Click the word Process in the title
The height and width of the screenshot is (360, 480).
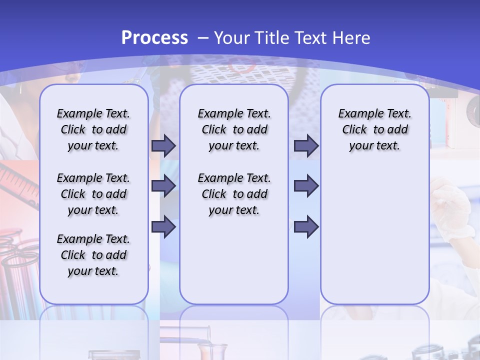(x=154, y=38)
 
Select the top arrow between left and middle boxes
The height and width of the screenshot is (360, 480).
(x=163, y=146)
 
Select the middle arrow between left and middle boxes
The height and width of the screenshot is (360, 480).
(x=163, y=186)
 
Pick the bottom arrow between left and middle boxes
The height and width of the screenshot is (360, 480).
(x=163, y=226)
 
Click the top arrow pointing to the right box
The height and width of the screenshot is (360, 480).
(x=306, y=146)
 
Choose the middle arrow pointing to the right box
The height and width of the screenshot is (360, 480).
(x=306, y=186)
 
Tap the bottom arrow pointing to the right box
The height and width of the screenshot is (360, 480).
(x=306, y=226)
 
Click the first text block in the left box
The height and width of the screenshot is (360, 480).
(x=93, y=130)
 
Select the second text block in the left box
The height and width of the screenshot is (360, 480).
(x=93, y=194)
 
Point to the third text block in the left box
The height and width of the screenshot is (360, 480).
(x=93, y=255)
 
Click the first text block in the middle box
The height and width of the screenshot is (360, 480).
(x=234, y=130)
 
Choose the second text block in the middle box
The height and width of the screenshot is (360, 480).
(x=234, y=194)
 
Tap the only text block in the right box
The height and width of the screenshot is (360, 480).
(x=374, y=130)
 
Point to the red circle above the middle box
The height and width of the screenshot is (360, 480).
(x=238, y=65)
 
